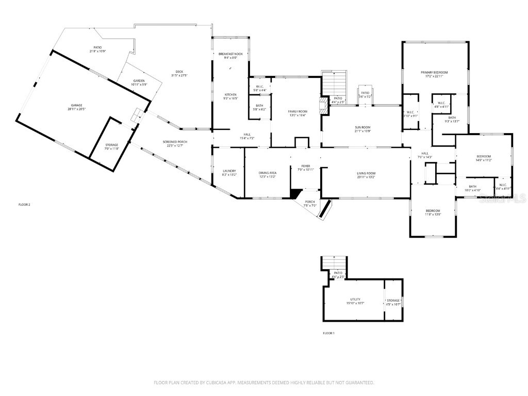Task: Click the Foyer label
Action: (306, 167)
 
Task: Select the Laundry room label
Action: (229, 172)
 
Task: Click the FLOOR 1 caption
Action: (328, 333)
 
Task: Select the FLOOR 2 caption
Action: (24, 205)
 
